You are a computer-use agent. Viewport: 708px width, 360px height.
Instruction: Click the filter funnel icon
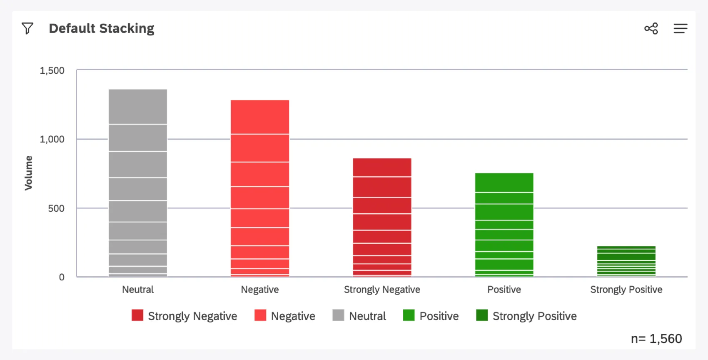point(27,28)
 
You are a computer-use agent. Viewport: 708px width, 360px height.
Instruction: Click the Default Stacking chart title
point(101,28)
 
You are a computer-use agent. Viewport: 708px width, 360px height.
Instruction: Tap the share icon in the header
point(651,28)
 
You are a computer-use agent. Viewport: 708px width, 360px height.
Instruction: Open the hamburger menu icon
point(680,28)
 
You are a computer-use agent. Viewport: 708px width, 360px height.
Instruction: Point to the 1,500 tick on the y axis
point(52,70)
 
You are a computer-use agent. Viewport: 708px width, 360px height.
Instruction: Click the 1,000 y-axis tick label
point(52,139)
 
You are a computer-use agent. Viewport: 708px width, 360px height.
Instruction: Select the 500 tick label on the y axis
point(56,208)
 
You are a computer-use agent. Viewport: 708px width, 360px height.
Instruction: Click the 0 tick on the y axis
point(62,277)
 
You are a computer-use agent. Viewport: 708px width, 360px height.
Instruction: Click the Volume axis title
point(28,173)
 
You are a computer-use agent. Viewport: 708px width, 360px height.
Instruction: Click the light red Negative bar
point(260,188)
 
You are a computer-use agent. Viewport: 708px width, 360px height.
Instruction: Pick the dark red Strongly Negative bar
point(382,217)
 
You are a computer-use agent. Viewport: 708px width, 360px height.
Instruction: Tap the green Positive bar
point(504,225)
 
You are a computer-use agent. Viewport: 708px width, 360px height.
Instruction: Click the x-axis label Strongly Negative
point(382,290)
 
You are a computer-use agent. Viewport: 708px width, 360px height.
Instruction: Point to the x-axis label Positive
point(504,290)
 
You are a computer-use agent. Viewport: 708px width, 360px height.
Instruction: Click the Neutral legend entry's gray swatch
point(338,315)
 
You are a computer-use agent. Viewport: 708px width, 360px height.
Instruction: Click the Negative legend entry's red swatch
point(260,315)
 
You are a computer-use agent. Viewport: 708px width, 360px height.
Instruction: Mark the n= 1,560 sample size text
point(656,339)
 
